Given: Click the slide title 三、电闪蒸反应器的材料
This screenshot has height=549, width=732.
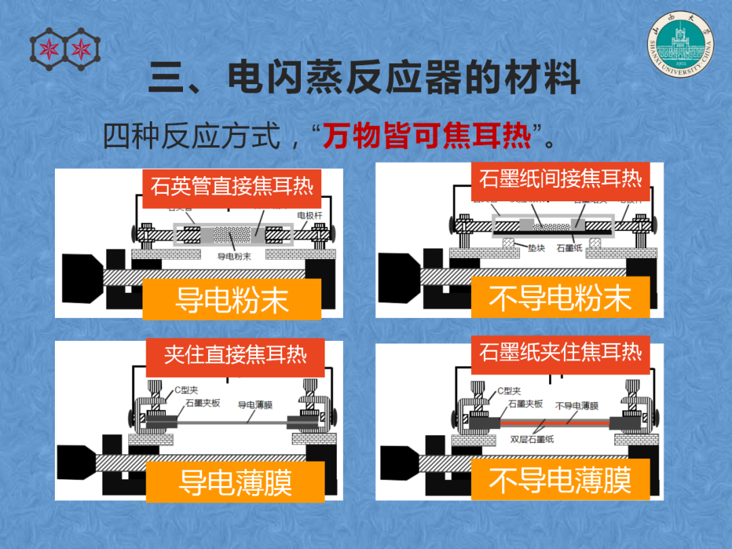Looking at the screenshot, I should pos(365,77).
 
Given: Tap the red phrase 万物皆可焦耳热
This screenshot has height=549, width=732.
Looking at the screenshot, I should pos(426,136).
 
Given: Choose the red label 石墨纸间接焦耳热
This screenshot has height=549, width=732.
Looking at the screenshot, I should pos(560,179).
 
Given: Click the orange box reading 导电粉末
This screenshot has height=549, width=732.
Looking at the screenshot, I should pos(231,299).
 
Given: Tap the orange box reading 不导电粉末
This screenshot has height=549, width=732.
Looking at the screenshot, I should pos(560,298).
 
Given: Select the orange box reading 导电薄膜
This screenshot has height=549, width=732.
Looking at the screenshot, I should pos(235,482).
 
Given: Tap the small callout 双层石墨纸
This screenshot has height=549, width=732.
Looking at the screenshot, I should pos(532,439).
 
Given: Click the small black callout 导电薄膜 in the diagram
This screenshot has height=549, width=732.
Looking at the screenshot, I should pos(255,405).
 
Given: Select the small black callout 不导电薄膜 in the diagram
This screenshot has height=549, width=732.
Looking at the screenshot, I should pos(577,405).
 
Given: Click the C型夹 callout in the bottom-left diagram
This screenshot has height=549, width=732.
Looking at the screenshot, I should pos(186,390).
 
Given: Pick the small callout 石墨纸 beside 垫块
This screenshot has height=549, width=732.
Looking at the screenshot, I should pos(569,248).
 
